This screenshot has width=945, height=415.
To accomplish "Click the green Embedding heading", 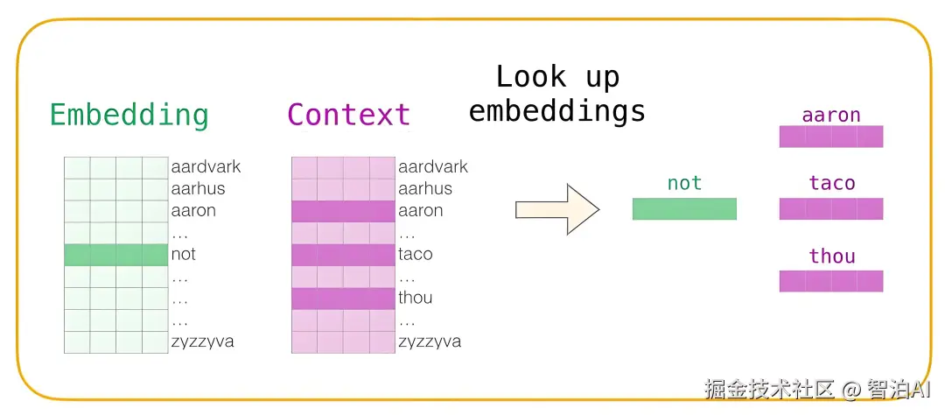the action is pyautogui.click(x=129, y=116).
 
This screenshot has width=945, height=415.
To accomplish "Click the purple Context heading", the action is pyautogui.click(x=349, y=114).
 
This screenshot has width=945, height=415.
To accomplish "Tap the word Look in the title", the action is pyautogui.click(x=531, y=77).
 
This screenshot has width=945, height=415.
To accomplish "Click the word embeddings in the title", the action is pyautogui.click(x=557, y=112).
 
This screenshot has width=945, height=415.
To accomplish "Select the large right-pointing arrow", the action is pyautogui.click(x=557, y=209).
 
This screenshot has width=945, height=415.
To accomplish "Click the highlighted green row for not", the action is pyautogui.click(x=116, y=255).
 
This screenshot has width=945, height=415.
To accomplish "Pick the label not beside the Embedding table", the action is pyautogui.click(x=183, y=255).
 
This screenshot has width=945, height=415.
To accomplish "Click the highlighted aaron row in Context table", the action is pyautogui.click(x=344, y=211).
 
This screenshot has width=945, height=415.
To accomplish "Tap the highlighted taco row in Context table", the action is pyautogui.click(x=344, y=255).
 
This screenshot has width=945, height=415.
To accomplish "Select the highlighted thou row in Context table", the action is pyautogui.click(x=344, y=298).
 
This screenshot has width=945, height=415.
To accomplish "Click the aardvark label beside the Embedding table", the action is pyautogui.click(x=206, y=166).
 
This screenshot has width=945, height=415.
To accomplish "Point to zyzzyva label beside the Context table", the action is pyautogui.click(x=430, y=341).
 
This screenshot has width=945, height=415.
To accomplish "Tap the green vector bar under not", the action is pyautogui.click(x=684, y=208).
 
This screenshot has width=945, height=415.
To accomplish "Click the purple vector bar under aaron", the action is pyautogui.click(x=831, y=137).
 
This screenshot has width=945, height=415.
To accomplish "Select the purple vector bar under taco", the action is pyautogui.click(x=831, y=208).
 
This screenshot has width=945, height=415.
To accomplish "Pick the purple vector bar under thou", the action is pyautogui.click(x=831, y=281).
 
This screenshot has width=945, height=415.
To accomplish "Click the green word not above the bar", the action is pyautogui.click(x=684, y=183).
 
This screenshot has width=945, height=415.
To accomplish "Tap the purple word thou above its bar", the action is pyautogui.click(x=832, y=256).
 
